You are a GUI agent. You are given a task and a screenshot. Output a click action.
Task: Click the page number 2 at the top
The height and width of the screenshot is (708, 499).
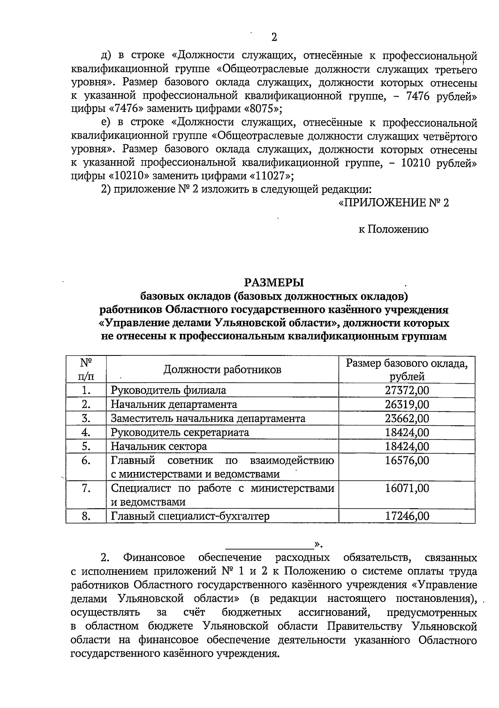pos(274,37)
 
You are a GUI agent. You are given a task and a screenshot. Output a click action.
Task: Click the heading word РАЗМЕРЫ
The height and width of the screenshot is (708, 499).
pos(274,283)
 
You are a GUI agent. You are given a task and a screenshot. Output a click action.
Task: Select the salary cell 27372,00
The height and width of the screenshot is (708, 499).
pos(407,390)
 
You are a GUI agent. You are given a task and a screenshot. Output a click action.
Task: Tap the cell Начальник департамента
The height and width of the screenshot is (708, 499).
pos(174,404)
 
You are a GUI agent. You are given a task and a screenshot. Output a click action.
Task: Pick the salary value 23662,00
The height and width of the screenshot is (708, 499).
pos(407,418)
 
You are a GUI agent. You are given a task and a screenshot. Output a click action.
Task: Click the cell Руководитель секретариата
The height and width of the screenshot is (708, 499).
pos(180,432)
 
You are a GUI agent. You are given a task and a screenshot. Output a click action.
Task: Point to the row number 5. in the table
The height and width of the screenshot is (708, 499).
pos(86,446)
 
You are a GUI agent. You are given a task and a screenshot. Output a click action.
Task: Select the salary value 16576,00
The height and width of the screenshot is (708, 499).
pos(407,460)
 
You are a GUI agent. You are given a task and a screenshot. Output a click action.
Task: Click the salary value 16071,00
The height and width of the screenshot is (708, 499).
pos(407,488)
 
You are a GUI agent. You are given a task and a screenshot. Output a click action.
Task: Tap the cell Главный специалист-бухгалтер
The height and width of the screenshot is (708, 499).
pos(190,516)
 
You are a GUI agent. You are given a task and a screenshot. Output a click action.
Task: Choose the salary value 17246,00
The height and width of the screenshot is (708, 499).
pos(407,516)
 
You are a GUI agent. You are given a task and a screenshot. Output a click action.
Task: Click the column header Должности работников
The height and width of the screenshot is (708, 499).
pos(222,370)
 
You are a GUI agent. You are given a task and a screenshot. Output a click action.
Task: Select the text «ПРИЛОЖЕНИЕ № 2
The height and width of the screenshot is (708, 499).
pos(394,203)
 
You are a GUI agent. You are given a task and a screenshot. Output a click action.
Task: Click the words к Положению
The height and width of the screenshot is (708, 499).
pos(393,229)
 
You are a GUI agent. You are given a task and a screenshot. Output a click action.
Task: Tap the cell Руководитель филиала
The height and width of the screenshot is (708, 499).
pos(168,390)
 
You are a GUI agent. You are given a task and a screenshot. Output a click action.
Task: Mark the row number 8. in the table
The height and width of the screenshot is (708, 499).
pos(86,516)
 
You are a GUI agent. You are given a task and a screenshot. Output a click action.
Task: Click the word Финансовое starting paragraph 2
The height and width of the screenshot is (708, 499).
pos(154,557)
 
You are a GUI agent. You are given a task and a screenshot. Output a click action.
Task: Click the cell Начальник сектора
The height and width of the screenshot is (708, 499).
pos(159,446)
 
